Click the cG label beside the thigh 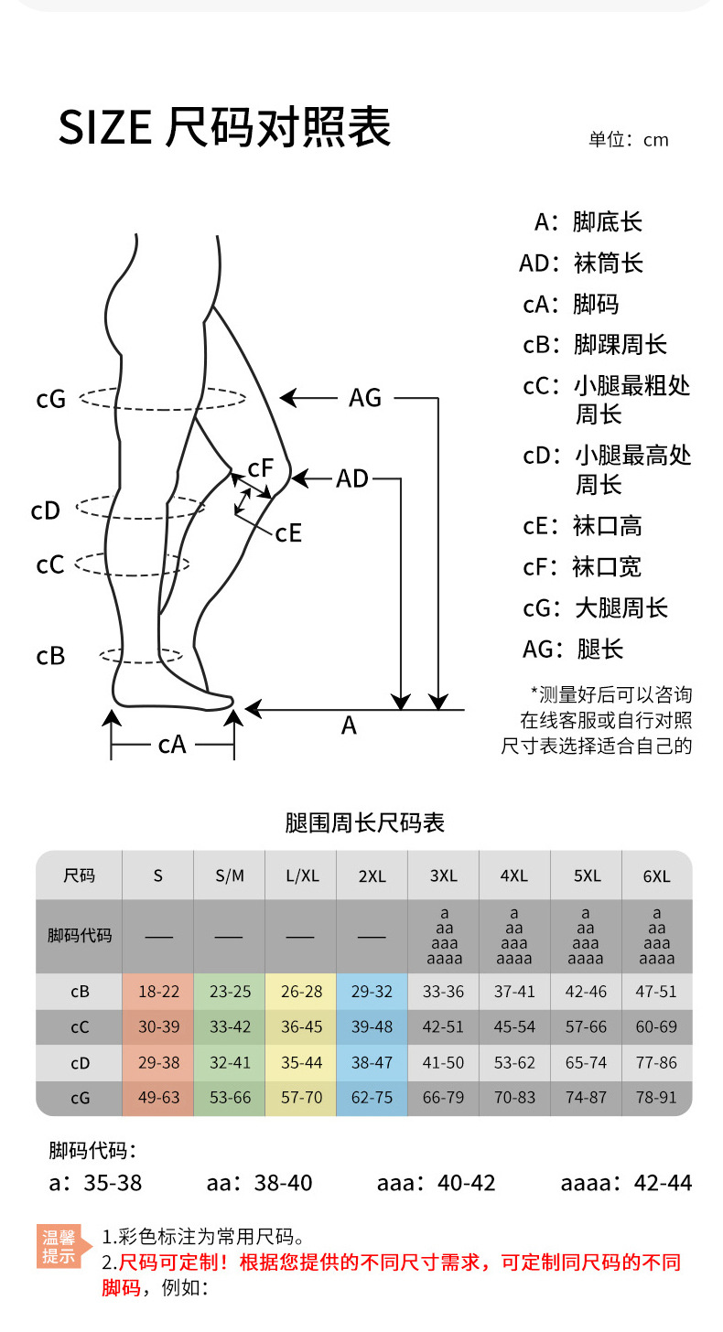[51, 399]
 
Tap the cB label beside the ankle [50, 656]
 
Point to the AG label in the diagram [365, 398]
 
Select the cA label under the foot [172, 745]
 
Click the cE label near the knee [288, 532]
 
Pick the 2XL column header [372, 875]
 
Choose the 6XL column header [657, 875]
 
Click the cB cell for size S [158, 992]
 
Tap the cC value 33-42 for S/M [230, 1027]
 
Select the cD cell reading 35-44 [301, 1063]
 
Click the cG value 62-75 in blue [372, 1098]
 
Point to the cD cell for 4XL [514, 1063]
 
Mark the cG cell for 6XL [657, 1098]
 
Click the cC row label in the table [80, 1027]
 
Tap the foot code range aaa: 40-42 [436, 1183]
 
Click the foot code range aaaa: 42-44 [626, 1183]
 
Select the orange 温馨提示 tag [59, 1247]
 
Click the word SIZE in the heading [104, 128]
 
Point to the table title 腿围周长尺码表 [364, 822]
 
